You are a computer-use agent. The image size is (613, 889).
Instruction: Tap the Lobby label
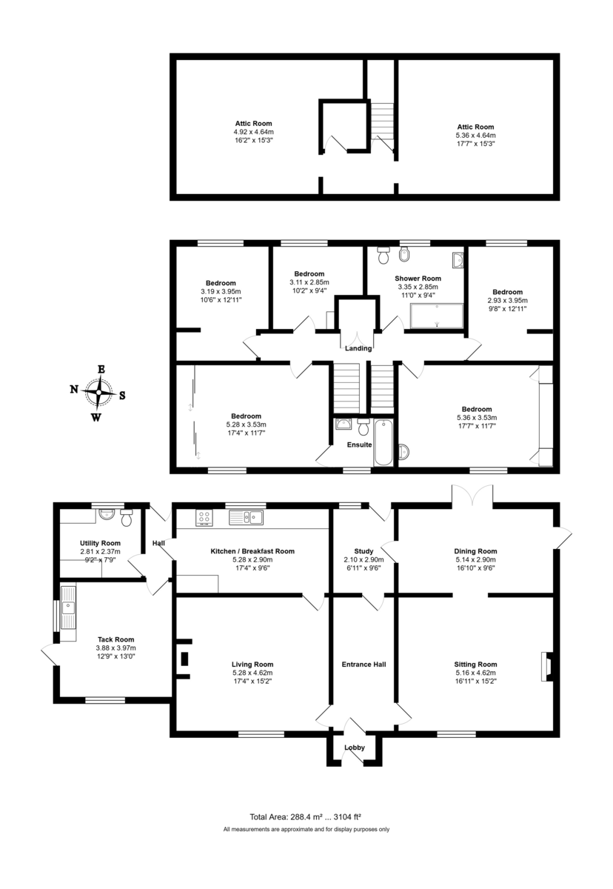click(x=355, y=748)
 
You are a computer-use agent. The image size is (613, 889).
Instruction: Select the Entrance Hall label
click(x=363, y=665)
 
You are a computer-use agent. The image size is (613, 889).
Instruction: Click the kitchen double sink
click(x=247, y=517)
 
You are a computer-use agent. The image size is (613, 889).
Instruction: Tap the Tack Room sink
click(x=69, y=607)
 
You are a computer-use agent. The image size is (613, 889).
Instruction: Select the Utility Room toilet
click(x=127, y=518)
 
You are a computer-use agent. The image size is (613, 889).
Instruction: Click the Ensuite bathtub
click(x=383, y=442)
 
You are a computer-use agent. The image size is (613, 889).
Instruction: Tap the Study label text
click(x=364, y=551)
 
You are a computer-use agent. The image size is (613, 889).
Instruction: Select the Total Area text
click(x=305, y=816)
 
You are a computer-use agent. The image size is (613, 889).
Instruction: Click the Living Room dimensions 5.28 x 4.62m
click(x=252, y=673)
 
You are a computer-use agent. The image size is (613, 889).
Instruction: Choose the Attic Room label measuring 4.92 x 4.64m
click(x=254, y=132)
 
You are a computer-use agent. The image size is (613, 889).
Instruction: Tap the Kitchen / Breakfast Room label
click(x=252, y=551)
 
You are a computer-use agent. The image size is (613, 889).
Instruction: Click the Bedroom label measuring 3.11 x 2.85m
click(x=309, y=282)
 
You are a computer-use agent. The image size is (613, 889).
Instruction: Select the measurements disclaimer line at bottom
click(x=306, y=829)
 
